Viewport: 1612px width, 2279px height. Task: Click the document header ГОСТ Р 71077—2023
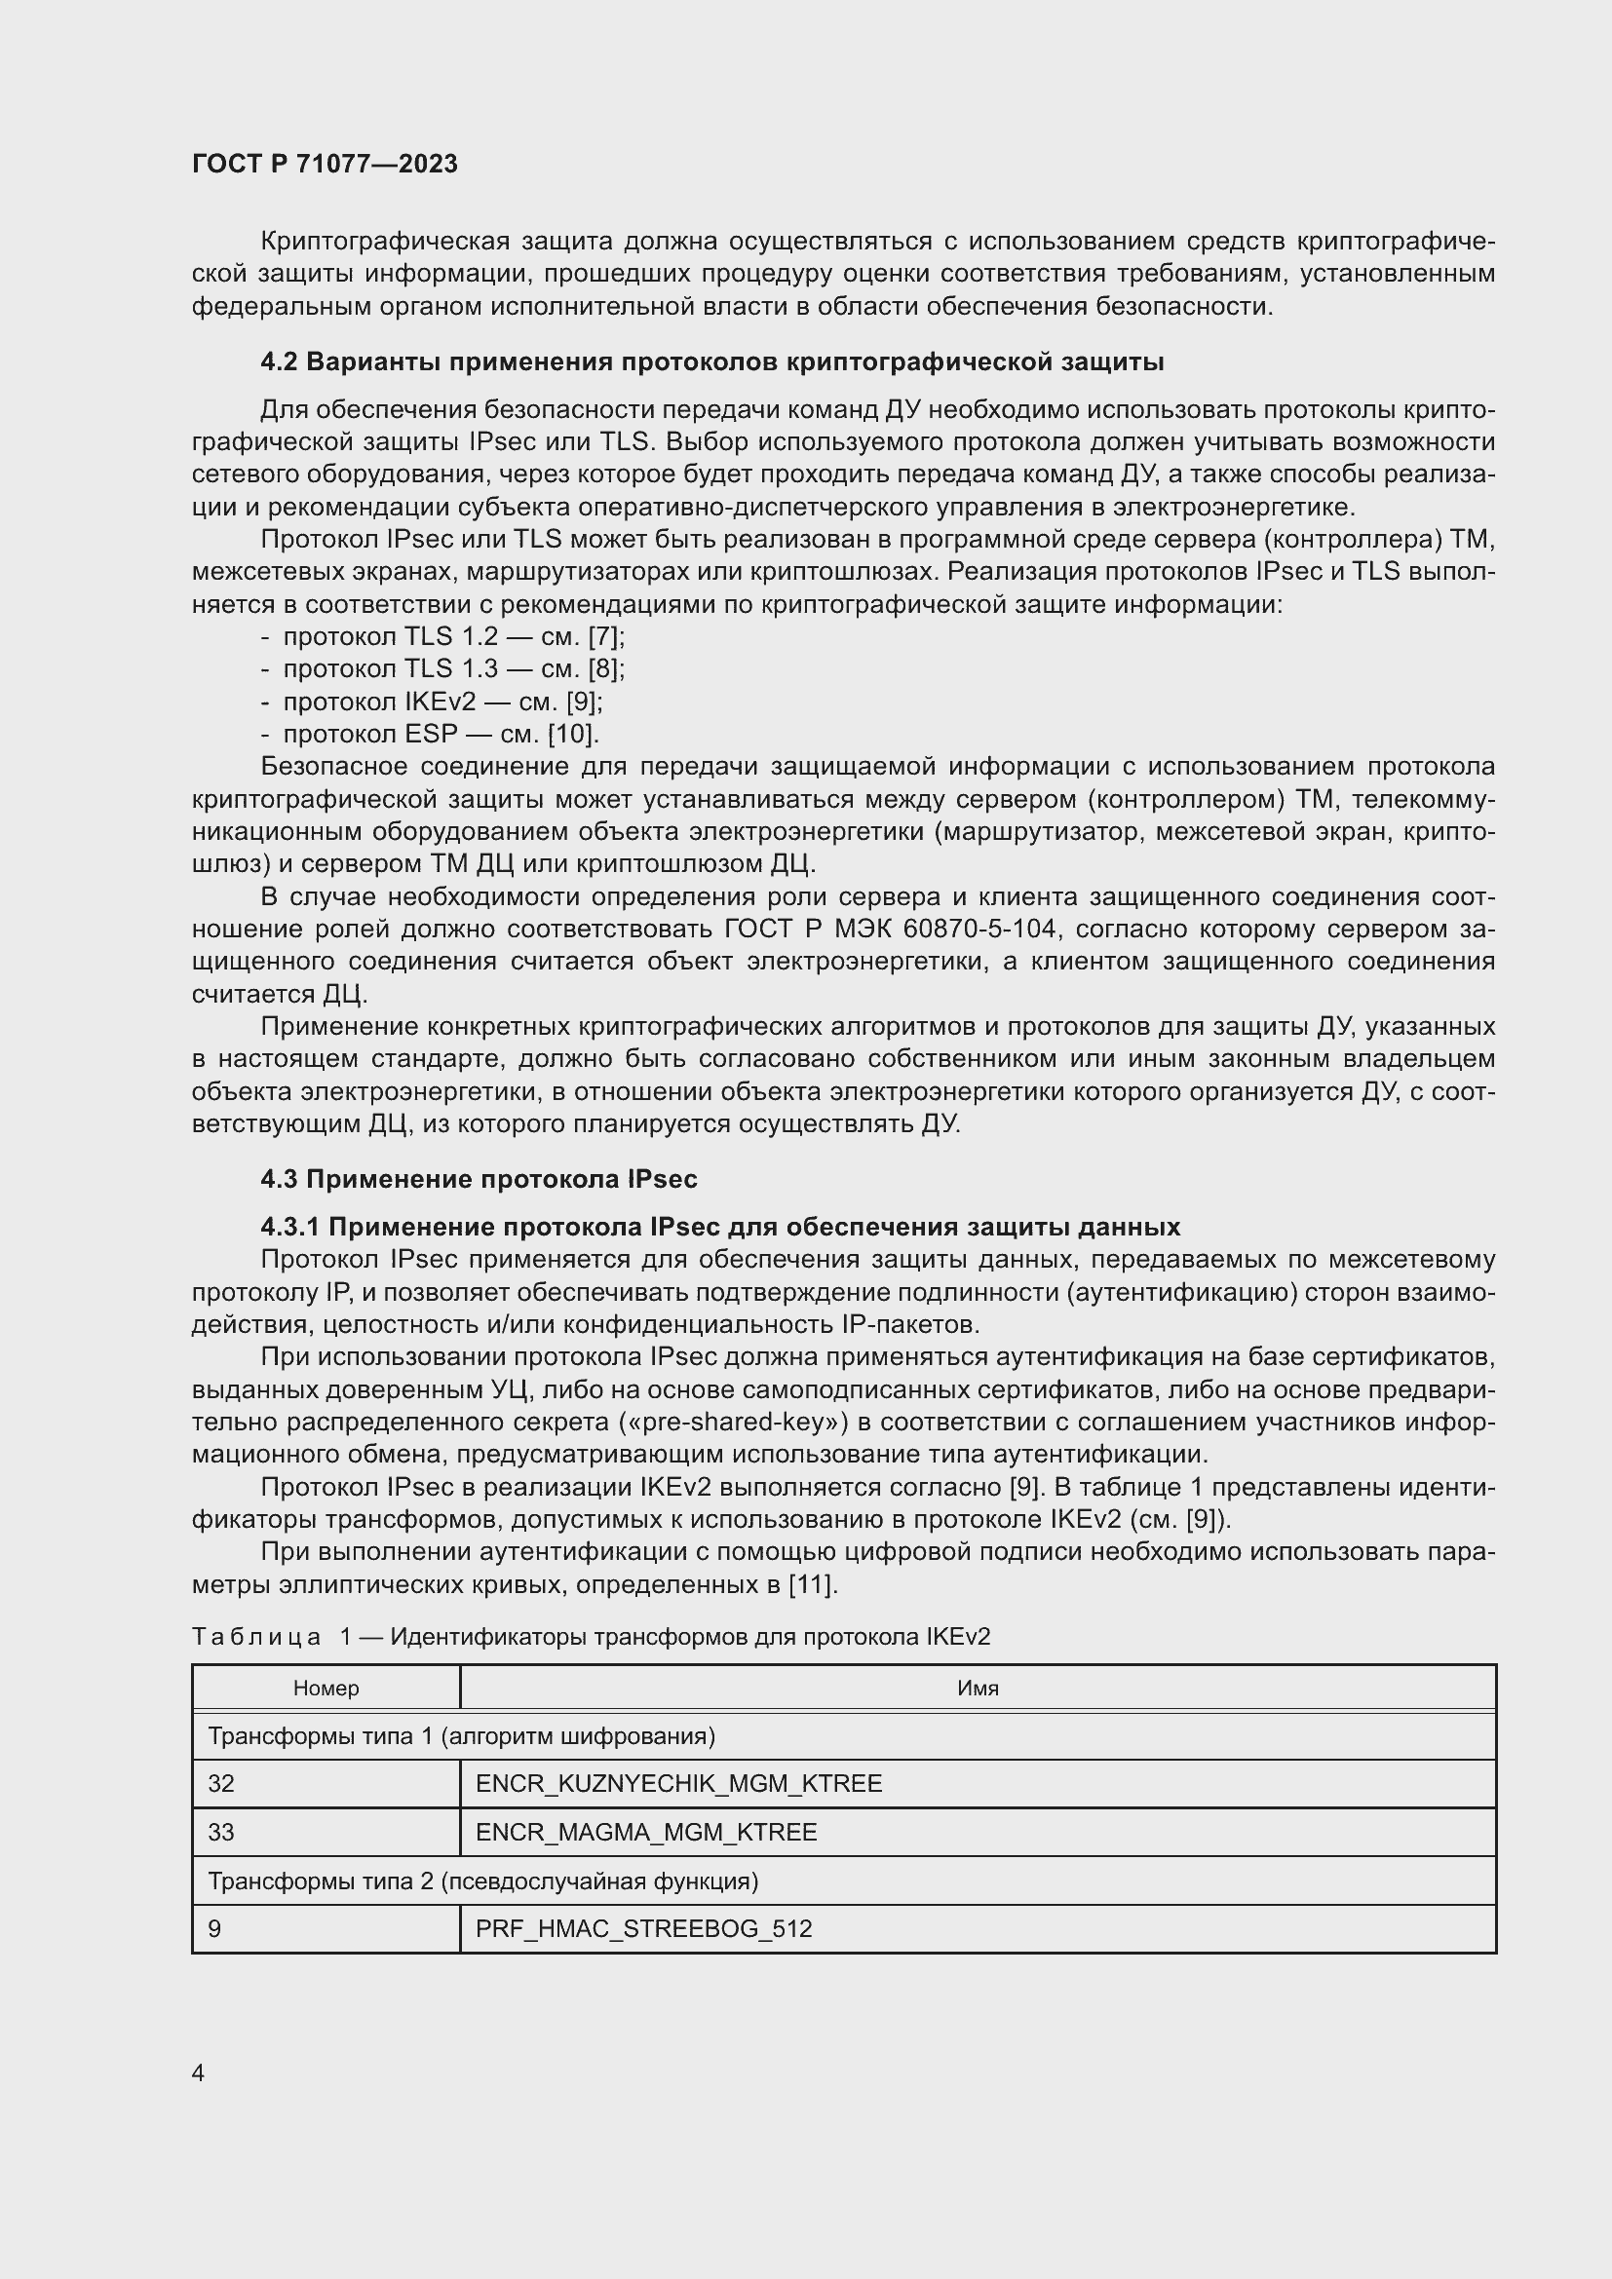tap(325, 164)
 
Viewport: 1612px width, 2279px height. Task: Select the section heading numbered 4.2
tap(711, 362)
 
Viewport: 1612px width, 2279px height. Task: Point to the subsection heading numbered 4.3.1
tap(719, 1228)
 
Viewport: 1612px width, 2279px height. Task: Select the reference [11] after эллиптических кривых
tap(812, 1585)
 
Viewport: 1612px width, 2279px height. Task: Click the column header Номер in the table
tap(326, 1689)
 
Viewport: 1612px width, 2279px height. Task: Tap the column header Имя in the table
tap(978, 1689)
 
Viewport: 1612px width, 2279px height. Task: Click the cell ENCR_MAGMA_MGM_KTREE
tap(646, 1833)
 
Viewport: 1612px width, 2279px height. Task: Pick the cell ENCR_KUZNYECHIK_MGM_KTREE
tap(679, 1784)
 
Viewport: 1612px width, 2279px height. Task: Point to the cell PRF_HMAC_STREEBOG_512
tap(643, 1928)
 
